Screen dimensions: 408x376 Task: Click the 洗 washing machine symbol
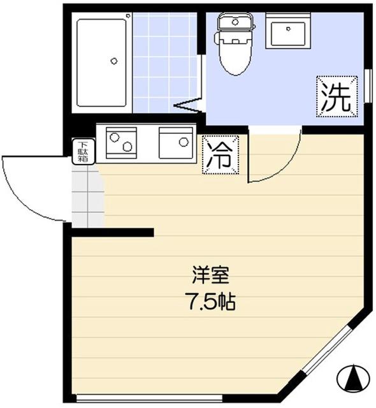[x=335, y=98]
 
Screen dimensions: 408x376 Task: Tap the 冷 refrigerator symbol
[x=221, y=154]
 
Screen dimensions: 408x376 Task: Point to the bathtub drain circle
[x=114, y=61]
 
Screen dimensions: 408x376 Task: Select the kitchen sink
[x=176, y=143]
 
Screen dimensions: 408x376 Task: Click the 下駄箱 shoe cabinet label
[x=82, y=152]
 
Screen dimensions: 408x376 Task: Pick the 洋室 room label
[x=210, y=277]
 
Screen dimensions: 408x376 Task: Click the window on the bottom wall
[x=178, y=400]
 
